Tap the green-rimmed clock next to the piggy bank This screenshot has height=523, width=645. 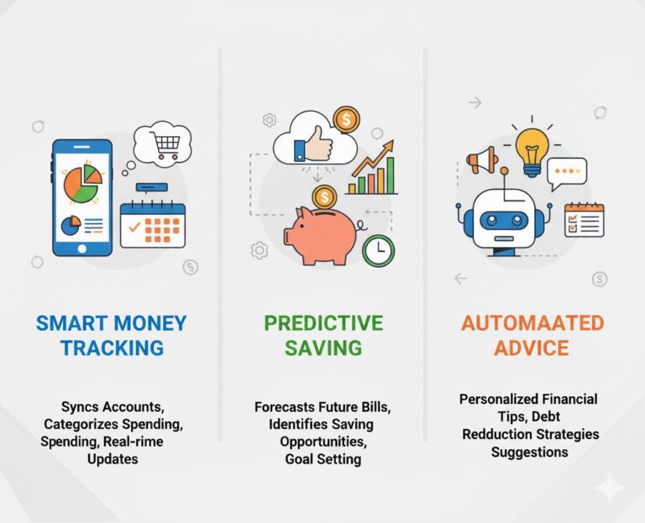(379, 248)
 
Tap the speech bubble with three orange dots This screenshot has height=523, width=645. (567, 171)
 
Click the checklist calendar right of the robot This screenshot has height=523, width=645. (584, 220)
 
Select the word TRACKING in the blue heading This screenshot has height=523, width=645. (111, 348)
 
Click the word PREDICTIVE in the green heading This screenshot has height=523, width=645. (323, 323)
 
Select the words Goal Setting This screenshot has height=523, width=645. (322, 458)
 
